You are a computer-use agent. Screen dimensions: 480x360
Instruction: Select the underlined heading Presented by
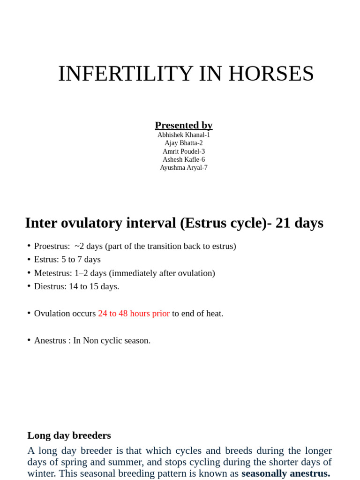point(184,125)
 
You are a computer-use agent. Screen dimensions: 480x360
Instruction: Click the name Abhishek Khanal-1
point(184,135)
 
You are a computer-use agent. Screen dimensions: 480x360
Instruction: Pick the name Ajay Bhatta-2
point(184,143)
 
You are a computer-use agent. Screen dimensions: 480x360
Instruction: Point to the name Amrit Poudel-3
point(184,151)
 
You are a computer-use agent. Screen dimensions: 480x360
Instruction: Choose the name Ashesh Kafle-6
point(184,159)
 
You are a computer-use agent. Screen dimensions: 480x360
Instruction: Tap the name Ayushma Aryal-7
point(184,168)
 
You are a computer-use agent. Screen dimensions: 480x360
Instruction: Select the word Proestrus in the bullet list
point(52,246)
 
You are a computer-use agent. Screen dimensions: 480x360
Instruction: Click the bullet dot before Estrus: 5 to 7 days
point(29,259)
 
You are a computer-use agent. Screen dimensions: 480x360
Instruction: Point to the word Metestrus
point(52,273)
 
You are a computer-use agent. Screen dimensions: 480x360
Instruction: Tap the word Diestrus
point(50,286)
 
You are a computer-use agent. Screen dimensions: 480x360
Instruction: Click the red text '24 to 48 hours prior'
point(134,314)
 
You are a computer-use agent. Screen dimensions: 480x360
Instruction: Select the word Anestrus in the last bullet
point(50,341)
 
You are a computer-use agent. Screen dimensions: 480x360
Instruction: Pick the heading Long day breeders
point(69,435)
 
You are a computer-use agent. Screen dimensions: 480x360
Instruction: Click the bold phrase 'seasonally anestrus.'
point(286,473)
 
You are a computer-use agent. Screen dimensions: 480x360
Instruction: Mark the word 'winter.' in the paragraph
point(42,473)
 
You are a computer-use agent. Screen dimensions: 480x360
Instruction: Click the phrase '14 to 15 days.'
point(94,286)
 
